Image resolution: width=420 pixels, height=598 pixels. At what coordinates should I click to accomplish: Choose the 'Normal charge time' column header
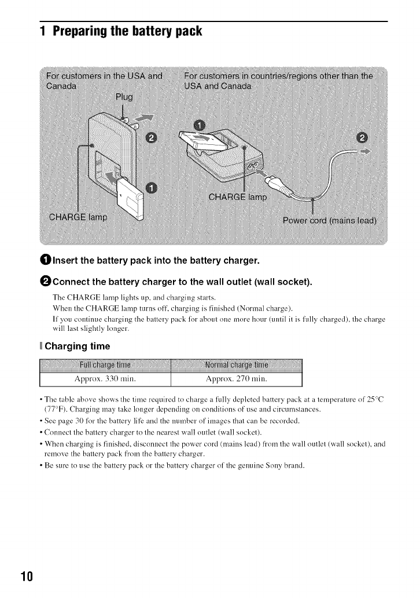click(237, 365)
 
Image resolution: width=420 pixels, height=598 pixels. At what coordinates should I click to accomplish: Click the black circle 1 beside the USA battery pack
click(152, 187)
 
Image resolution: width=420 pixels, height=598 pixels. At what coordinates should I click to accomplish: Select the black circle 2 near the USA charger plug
click(152, 137)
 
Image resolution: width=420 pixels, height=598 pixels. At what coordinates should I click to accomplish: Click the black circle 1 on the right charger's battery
click(199, 126)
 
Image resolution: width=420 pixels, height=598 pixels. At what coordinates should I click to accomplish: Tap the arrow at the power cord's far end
click(363, 152)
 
